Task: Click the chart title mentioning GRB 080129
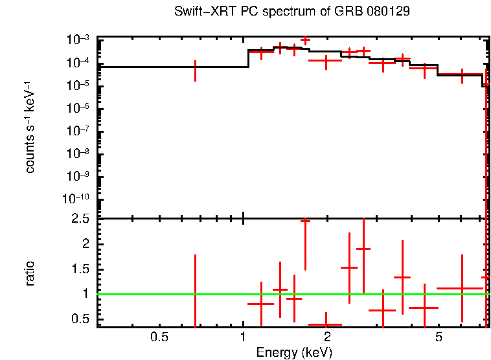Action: (292, 12)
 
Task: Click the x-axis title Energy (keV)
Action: (294, 353)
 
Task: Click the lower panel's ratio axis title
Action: (30, 273)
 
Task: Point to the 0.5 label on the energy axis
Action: (159, 337)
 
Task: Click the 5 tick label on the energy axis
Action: (439, 337)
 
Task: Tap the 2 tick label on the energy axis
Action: (328, 337)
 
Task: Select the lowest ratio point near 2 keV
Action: (325, 324)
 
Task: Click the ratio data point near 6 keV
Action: (462, 288)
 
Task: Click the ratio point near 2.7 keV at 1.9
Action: (363, 249)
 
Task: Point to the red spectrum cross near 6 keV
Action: (462, 75)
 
